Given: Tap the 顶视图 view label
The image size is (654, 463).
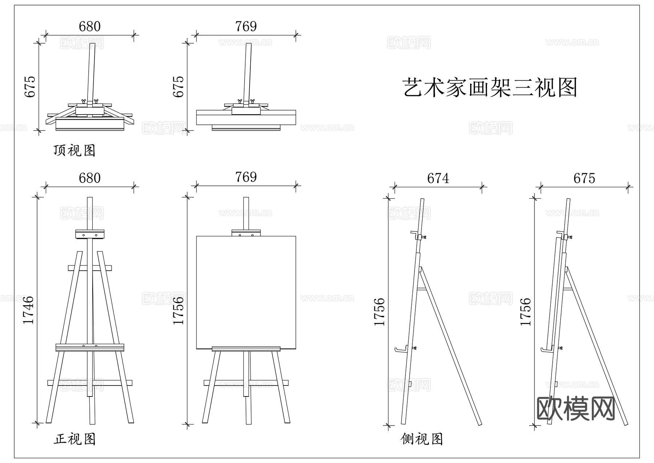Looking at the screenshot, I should click(74, 150).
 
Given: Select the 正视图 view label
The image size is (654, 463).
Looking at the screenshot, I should click(74, 439).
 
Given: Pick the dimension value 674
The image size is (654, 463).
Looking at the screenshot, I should click(438, 178).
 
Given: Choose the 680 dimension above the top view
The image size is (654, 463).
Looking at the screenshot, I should click(89, 27).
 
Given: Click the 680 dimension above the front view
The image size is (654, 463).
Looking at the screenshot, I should click(89, 178).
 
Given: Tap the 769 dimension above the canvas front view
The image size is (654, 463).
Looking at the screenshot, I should click(246, 177).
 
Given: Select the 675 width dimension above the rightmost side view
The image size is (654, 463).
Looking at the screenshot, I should click(584, 178).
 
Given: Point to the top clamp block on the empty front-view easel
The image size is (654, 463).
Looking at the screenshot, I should click(90, 234).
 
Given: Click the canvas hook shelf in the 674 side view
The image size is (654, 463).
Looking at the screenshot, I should click(400, 350).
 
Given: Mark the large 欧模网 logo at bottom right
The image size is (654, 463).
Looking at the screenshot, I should click(576, 408).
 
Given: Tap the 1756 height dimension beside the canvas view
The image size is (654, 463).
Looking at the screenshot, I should click(178, 311).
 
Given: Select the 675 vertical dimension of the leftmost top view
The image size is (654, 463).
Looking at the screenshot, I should click(30, 87).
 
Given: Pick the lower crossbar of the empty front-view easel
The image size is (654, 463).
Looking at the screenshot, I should click(90, 383).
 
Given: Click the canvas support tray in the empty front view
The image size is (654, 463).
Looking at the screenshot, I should click(90, 347).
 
